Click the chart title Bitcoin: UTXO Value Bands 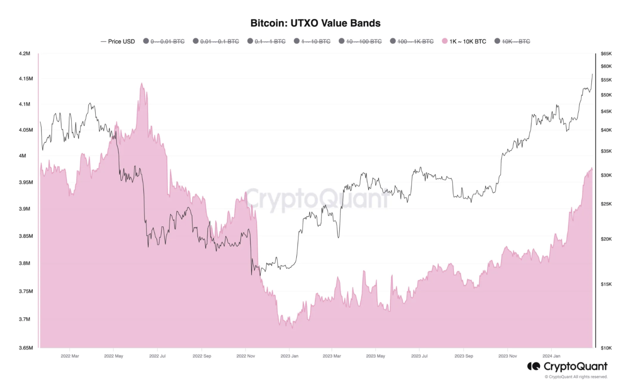tap(315, 23)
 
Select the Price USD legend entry tap(118, 41)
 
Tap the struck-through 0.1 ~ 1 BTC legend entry tap(266, 41)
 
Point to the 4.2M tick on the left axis tap(24, 54)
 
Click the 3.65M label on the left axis tap(25, 348)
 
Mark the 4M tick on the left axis tap(22, 156)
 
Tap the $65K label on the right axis tap(606, 54)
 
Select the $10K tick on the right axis tap(606, 348)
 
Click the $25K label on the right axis tap(606, 204)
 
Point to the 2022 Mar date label tap(70, 356)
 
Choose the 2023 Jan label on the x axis tap(289, 356)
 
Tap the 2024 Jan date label tap(551, 356)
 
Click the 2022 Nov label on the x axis tap(246, 356)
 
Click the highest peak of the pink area tap(142, 84)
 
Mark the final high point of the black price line tap(592, 74)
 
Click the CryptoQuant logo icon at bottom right tap(533, 366)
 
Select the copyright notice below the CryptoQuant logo tap(576, 377)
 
